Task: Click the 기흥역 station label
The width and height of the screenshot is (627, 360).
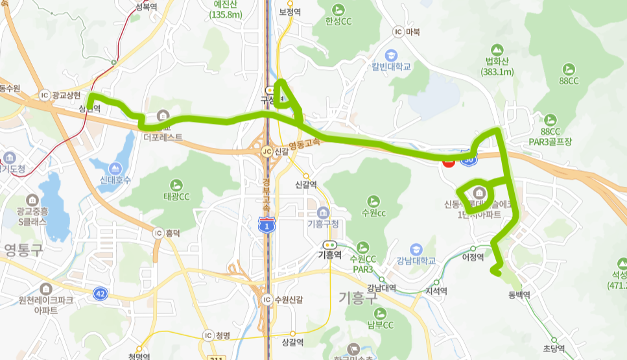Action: pyautogui.click(x=329, y=255)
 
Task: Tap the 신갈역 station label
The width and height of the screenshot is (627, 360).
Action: pyautogui.click(x=305, y=185)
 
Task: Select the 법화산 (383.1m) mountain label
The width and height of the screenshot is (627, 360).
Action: pyautogui.click(x=497, y=67)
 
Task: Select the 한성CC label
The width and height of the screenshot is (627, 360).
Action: pyautogui.click(x=338, y=21)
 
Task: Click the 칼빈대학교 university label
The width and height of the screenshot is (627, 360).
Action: pyautogui.click(x=391, y=66)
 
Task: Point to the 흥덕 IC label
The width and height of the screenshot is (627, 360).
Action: pyautogui.click(x=166, y=232)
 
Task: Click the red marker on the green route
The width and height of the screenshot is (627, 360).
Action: pyautogui.click(x=447, y=163)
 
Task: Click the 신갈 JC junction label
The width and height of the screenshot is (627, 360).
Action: pyautogui.click(x=275, y=150)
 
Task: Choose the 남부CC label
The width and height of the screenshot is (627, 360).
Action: pyautogui.click(x=379, y=324)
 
